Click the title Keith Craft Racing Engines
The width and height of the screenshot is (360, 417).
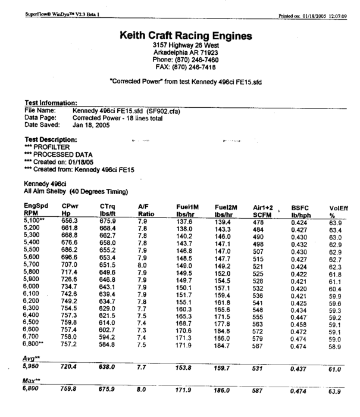186,36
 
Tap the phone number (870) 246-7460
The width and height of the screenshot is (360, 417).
186,60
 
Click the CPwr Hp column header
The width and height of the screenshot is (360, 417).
70,208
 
